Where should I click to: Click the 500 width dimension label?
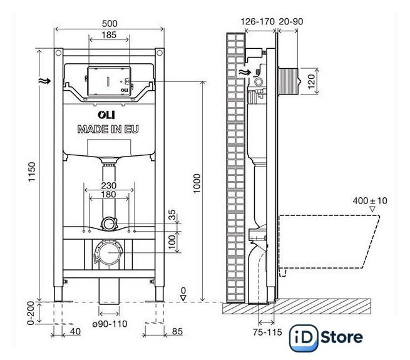pyautogui.click(x=110, y=23)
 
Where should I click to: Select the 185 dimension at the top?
pyautogui.click(x=109, y=35)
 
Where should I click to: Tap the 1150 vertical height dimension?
pyautogui.click(x=32, y=172)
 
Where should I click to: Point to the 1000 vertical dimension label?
pyautogui.click(x=197, y=183)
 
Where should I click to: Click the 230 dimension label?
pyautogui.click(x=109, y=185)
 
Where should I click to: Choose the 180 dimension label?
pyautogui.click(x=108, y=194)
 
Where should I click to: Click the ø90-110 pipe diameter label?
pyautogui.click(x=110, y=324)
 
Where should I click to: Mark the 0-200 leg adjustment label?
pyautogui.click(x=31, y=313)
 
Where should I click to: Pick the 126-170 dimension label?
pyautogui.click(x=257, y=21)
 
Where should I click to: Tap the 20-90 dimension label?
pyautogui.click(x=291, y=21)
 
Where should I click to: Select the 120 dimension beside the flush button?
pyautogui.click(x=311, y=81)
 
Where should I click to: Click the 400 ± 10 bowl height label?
pyautogui.click(x=370, y=201)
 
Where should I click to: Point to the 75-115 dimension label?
pyautogui.click(x=267, y=332)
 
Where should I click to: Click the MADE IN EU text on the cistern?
pyautogui.click(x=108, y=129)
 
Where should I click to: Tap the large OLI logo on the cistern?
pyautogui.click(x=106, y=115)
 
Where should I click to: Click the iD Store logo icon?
pyautogui.click(x=304, y=338)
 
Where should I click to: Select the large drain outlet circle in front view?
pyautogui.click(x=109, y=253)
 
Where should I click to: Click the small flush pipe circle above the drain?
pyautogui.click(x=109, y=224)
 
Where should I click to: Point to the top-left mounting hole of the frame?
pyautogui.click(x=58, y=53)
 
